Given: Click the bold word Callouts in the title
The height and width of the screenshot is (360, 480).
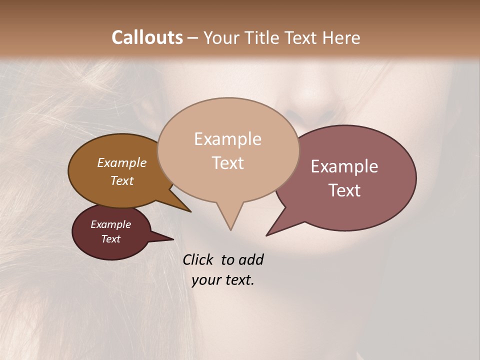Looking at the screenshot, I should coord(147,37).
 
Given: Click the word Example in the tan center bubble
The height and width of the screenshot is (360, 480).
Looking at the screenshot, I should coord(227,139).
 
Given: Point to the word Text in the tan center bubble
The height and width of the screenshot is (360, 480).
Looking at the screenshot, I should coord(227,163).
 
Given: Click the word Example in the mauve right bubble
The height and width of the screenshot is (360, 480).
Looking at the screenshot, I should coord(344,166).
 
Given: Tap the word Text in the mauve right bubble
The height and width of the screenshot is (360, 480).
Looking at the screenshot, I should coord(344,190).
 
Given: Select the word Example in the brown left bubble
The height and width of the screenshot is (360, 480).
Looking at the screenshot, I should coord(121,163).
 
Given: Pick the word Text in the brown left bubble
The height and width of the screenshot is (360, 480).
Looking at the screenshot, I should coord(121,180).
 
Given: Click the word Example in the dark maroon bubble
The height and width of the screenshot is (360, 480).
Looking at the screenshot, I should coord(110,224).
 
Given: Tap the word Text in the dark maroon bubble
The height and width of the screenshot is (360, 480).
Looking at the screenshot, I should coord(110,239).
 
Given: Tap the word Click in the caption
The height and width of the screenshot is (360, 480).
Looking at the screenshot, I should coord(197,260).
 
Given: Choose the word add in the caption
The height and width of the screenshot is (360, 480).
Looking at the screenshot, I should coord(251,260).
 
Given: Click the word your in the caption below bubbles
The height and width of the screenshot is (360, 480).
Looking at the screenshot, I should coord(206,280).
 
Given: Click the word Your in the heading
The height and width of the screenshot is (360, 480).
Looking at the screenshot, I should coord(221,37).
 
